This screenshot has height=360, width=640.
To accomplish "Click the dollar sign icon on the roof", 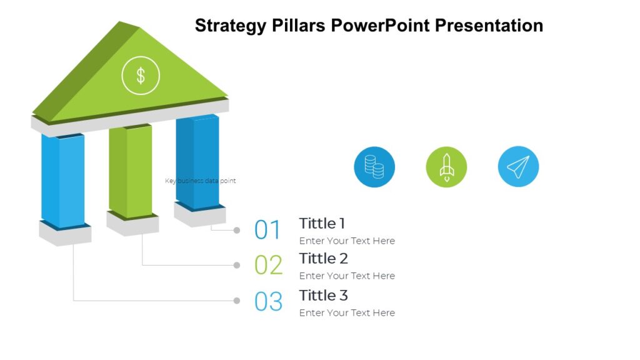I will (x=141, y=76).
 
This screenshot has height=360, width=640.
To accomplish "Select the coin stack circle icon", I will (x=374, y=167).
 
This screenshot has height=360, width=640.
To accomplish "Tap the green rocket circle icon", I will (x=446, y=167).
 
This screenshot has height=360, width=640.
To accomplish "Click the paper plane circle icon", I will (x=518, y=167).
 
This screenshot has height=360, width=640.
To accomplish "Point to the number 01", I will (x=268, y=230).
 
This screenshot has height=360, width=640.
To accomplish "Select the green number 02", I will (x=268, y=265).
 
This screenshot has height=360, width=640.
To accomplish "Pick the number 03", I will (x=268, y=301).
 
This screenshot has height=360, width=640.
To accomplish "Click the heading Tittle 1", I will (x=322, y=223).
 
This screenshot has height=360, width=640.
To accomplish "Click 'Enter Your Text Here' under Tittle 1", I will (x=347, y=241).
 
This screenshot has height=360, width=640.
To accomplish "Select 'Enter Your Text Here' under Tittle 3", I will (x=347, y=312).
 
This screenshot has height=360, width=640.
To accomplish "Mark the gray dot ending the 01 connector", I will (x=237, y=230).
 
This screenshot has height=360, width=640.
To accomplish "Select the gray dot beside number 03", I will (x=237, y=301).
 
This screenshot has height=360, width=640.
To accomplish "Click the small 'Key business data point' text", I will (x=200, y=181).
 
